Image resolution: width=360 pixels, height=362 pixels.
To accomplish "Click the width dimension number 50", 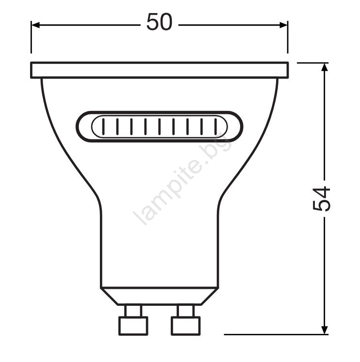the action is click(x=160, y=22).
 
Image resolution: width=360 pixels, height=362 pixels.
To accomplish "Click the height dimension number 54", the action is click(x=321, y=199).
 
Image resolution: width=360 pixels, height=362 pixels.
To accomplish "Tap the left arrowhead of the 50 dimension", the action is click(x=35, y=25).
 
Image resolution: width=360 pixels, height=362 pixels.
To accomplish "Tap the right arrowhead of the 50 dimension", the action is click(x=284, y=25).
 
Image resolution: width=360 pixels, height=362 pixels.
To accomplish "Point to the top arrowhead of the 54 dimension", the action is click(x=325, y=67).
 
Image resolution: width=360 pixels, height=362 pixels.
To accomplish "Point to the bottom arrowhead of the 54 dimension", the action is click(x=325, y=330).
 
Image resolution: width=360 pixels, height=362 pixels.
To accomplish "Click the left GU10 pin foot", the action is click(x=133, y=326).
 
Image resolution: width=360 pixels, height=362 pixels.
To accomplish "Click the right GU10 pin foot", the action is click(x=186, y=326).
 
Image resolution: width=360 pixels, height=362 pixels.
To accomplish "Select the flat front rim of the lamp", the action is click(x=160, y=70).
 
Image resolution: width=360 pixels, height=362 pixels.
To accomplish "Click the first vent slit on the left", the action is click(x=103, y=126).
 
